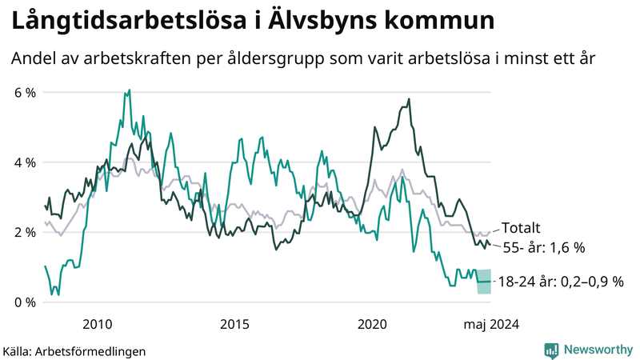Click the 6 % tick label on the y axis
(x=23, y=93)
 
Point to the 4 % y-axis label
(x=23, y=162)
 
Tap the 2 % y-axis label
(x=23, y=233)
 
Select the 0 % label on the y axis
(x=23, y=302)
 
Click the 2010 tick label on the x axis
(x=97, y=324)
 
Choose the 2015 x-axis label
(x=234, y=324)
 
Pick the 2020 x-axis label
(x=372, y=324)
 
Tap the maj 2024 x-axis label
(x=491, y=324)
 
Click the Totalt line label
(x=520, y=227)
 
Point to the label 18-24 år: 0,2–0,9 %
(x=560, y=282)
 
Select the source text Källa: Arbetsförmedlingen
(x=74, y=350)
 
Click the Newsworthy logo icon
(x=551, y=349)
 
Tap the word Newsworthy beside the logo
(x=597, y=349)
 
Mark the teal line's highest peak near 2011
(x=129, y=91)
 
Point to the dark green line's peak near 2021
(x=409, y=99)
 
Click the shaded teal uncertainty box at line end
(x=484, y=282)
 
